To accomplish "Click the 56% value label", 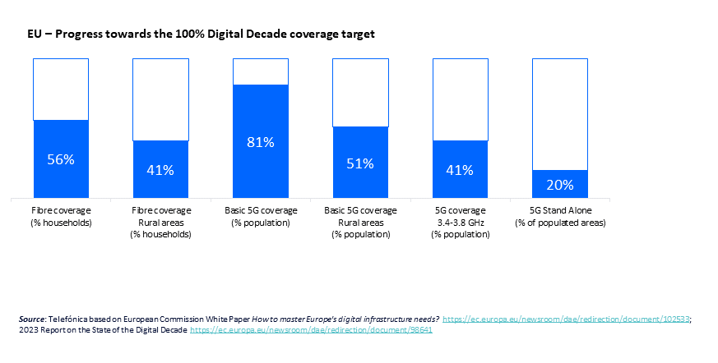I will click(x=61, y=159).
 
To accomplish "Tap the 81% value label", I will click(x=261, y=142).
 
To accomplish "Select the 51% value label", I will click(x=360, y=163).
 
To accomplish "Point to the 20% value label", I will click(x=559, y=185).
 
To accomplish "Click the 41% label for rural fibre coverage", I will click(x=160, y=170).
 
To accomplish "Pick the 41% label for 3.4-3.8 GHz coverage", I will click(x=460, y=170).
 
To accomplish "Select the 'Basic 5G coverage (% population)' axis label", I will click(x=261, y=216).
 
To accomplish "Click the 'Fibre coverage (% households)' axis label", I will click(x=61, y=216).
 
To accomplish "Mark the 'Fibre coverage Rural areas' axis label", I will click(x=160, y=222).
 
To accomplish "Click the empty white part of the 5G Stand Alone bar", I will click(x=559, y=113).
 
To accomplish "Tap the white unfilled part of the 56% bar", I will click(x=61, y=89).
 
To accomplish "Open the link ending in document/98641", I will click(x=312, y=329).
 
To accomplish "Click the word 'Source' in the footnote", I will click(x=32, y=319).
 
